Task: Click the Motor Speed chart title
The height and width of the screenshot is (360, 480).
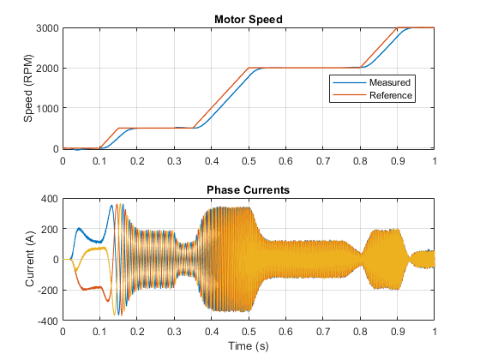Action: click(x=249, y=19)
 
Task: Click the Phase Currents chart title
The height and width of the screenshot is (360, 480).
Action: click(x=248, y=189)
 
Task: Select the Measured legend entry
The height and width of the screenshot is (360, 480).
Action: click(x=390, y=82)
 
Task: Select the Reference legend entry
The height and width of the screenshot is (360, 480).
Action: click(x=391, y=95)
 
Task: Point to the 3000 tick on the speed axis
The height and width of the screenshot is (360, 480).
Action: click(x=47, y=28)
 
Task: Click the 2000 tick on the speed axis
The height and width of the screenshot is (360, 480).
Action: click(x=47, y=69)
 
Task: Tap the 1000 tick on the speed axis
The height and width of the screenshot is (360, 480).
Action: click(x=47, y=108)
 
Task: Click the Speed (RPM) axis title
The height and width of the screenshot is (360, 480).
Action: click(x=28, y=88)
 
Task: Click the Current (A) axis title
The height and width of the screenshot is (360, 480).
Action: click(x=30, y=259)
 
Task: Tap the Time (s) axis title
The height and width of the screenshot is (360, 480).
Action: click(x=249, y=346)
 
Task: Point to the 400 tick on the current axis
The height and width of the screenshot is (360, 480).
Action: click(x=50, y=199)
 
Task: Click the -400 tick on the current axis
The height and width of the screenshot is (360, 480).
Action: click(x=48, y=321)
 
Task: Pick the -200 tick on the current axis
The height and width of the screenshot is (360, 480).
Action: click(x=48, y=291)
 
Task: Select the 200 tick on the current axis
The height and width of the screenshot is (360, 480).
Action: click(x=50, y=230)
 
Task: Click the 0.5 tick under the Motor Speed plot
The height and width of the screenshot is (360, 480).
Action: click(x=249, y=161)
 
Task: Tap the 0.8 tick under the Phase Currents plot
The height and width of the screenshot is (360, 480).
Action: click(x=360, y=332)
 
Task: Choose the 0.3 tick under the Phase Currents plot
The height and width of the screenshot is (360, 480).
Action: click(x=174, y=332)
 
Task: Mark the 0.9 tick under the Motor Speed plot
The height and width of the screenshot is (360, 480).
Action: click(x=398, y=161)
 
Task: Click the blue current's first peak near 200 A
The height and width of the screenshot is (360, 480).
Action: click(x=79, y=228)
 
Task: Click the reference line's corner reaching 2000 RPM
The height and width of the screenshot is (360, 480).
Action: click(x=249, y=68)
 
